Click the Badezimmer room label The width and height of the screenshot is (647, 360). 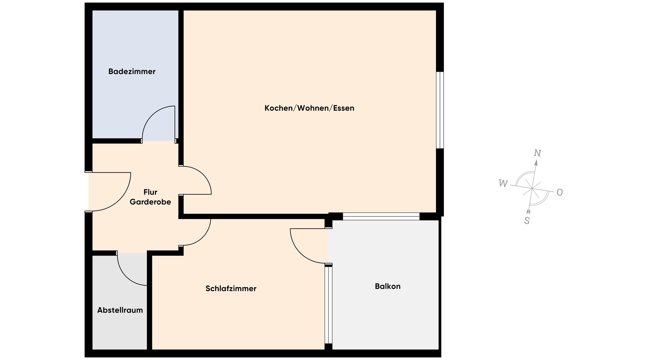(132, 71)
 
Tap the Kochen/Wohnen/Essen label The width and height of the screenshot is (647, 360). (309, 108)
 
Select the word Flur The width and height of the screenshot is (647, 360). (150, 192)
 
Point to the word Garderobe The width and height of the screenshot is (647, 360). (150, 202)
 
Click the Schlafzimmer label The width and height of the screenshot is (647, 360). (231, 289)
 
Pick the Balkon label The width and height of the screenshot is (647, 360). (388, 286)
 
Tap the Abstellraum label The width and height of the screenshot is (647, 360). (120, 310)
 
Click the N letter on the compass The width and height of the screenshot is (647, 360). (537, 153)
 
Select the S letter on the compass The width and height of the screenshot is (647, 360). (527, 221)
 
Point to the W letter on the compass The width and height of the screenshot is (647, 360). (503, 183)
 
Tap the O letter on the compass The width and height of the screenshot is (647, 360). (560, 192)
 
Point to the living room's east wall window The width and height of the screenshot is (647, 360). (440, 110)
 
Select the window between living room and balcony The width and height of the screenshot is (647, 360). (381, 216)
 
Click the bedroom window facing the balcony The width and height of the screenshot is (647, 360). (329, 305)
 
